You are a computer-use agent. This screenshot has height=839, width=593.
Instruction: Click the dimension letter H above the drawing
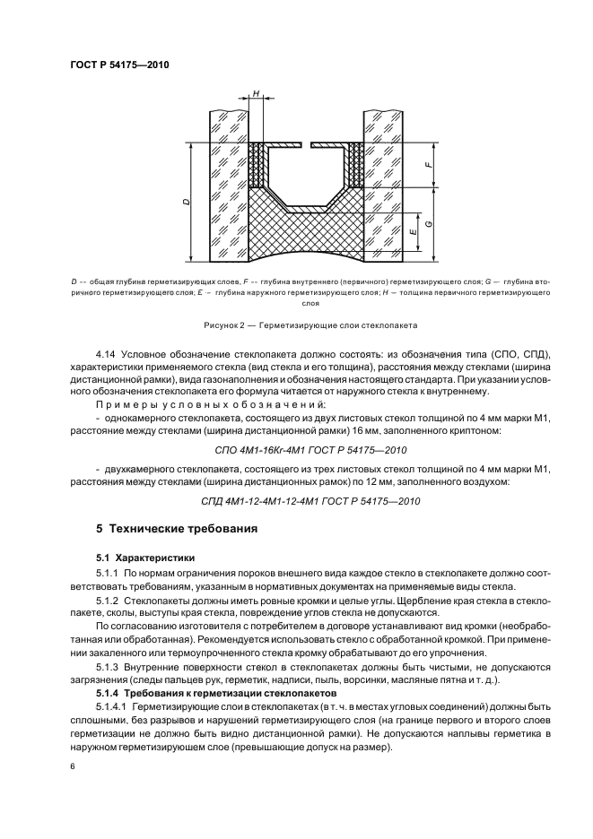256,93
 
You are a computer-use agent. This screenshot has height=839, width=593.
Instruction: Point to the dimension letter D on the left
186,203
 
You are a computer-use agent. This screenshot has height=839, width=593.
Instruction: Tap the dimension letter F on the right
430,165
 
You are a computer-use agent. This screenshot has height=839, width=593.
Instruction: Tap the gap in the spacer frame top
304,143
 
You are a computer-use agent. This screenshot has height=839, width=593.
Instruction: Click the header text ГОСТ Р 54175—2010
119,65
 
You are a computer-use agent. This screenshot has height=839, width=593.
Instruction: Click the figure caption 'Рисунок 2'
304,324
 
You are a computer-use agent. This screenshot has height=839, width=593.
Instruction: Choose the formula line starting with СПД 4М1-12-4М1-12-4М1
304,501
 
